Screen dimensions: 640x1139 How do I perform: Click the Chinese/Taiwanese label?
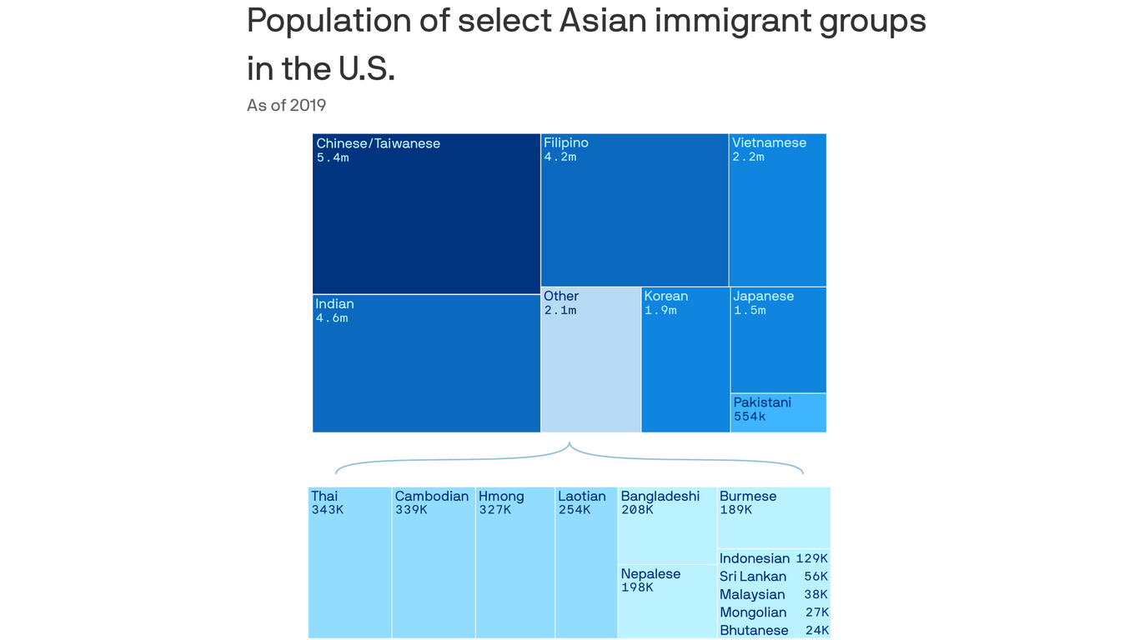378,143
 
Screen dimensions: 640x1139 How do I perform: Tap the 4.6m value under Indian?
331,318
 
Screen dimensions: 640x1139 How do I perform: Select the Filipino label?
565,142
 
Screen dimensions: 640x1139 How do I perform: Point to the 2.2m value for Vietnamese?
748,157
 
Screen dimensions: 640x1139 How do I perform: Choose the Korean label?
665,296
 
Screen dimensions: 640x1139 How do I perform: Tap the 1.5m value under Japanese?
749,310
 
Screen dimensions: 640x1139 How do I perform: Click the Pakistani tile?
778,412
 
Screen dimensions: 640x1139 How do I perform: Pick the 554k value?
749,416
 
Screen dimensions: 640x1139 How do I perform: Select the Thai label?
324,496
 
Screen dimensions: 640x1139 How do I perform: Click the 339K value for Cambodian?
410,510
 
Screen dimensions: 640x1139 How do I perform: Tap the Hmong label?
501,496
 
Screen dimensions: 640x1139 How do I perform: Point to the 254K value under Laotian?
574,510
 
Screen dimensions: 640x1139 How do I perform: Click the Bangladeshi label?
660,496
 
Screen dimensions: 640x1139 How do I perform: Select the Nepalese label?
650,573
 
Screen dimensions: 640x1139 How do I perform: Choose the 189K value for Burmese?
735,510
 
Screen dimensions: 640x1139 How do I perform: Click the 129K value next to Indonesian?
811,558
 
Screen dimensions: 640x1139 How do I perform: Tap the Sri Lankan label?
752,577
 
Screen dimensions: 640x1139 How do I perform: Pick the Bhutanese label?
754,630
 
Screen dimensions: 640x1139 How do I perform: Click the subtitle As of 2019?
286,105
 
